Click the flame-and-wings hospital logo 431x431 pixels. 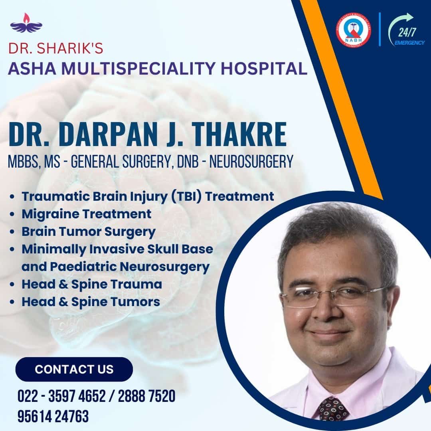coord(26,23)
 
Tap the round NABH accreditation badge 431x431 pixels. coord(353,30)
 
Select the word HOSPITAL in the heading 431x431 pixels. coord(264,69)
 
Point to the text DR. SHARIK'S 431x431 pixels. coord(56,48)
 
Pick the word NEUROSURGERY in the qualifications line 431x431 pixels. coord(251,161)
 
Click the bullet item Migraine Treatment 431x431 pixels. coord(87,214)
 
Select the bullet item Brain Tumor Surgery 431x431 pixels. coord(89,232)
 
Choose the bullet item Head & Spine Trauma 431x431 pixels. coord(92,284)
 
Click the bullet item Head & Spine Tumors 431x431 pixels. coord(91,302)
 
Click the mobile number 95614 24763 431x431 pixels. coord(53,416)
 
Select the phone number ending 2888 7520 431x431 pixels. coord(146,396)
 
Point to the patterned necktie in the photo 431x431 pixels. coord(333,409)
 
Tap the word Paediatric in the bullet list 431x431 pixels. coord(83,267)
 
